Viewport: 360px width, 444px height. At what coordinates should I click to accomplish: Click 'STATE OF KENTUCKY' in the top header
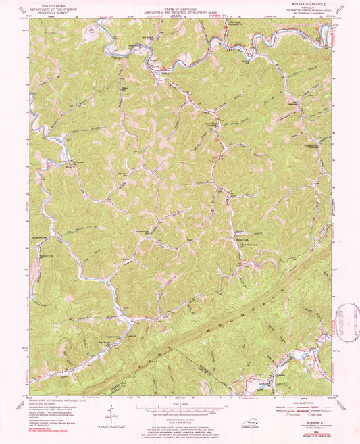coord(180,7)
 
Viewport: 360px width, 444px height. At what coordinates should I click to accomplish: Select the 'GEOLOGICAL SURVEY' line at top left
coord(55,13)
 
